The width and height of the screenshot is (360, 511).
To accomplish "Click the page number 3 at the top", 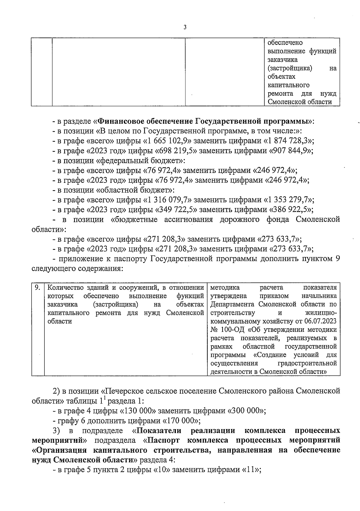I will pyautogui.click(x=185, y=27).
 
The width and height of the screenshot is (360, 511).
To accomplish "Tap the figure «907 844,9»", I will pyautogui.click(x=288, y=151).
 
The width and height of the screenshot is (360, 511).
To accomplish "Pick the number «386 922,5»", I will pyautogui.click(x=288, y=210).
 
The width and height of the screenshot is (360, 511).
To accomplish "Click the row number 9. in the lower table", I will pyautogui.click(x=37, y=288).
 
